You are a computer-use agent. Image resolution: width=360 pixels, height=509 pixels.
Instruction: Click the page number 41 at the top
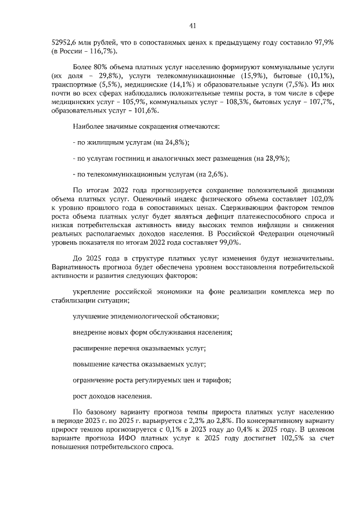pos(192,25)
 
